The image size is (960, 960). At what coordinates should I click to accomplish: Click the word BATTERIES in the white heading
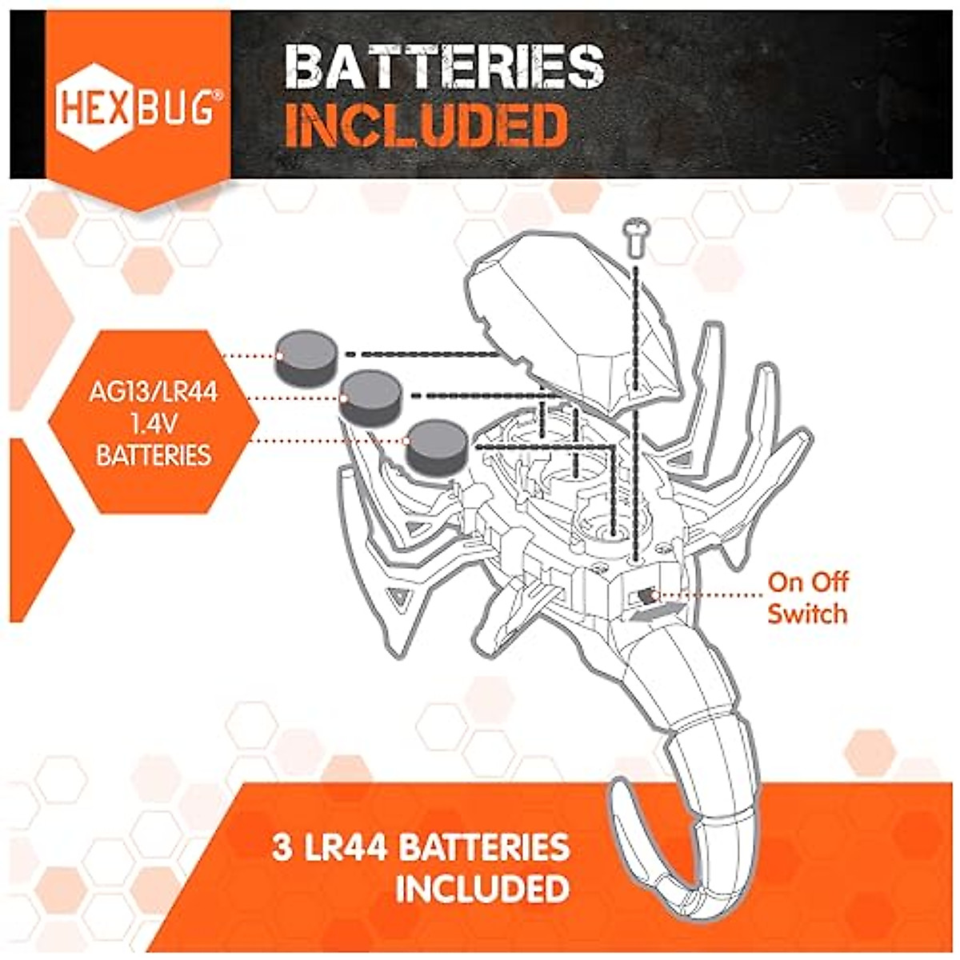(444, 67)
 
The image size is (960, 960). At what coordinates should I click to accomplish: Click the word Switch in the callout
(806, 614)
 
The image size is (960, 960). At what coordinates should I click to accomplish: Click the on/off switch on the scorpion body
(645, 596)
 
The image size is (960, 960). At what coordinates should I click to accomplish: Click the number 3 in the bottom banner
(282, 848)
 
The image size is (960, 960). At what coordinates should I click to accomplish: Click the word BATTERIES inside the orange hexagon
(154, 455)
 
